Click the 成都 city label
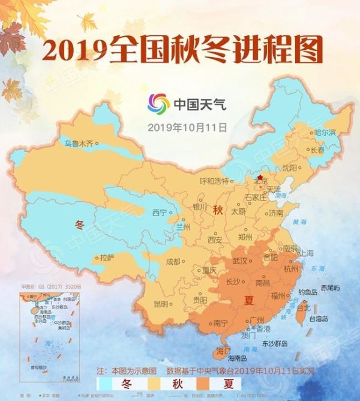pyautogui.click(x=172, y=261)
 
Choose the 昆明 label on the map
pyautogui.click(x=161, y=303)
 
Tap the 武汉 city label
pyautogui.click(x=240, y=261)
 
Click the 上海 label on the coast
pyautogui.click(x=306, y=252)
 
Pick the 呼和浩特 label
pyautogui.click(x=214, y=181)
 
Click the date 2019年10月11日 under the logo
pyautogui.click(x=187, y=127)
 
